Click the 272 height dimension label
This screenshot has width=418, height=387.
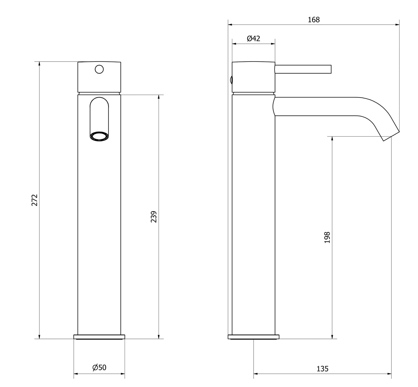click(x=35, y=200)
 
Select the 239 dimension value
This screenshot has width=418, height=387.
click(x=154, y=217)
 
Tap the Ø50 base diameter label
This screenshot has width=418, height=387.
click(x=99, y=368)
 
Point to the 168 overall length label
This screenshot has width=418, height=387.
click(x=314, y=20)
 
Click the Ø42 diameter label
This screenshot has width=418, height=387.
click(x=253, y=38)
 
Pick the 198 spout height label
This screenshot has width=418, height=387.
click(x=327, y=237)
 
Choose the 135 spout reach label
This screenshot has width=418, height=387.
click(x=322, y=369)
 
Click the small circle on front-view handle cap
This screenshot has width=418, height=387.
click(x=99, y=69)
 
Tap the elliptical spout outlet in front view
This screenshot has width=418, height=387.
click(x=99, y=137)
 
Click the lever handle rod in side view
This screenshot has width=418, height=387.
click(x=303, y=69)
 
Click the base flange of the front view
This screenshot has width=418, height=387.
click(x=99, y=337)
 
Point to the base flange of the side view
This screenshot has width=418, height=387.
click(x=253, y=337)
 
